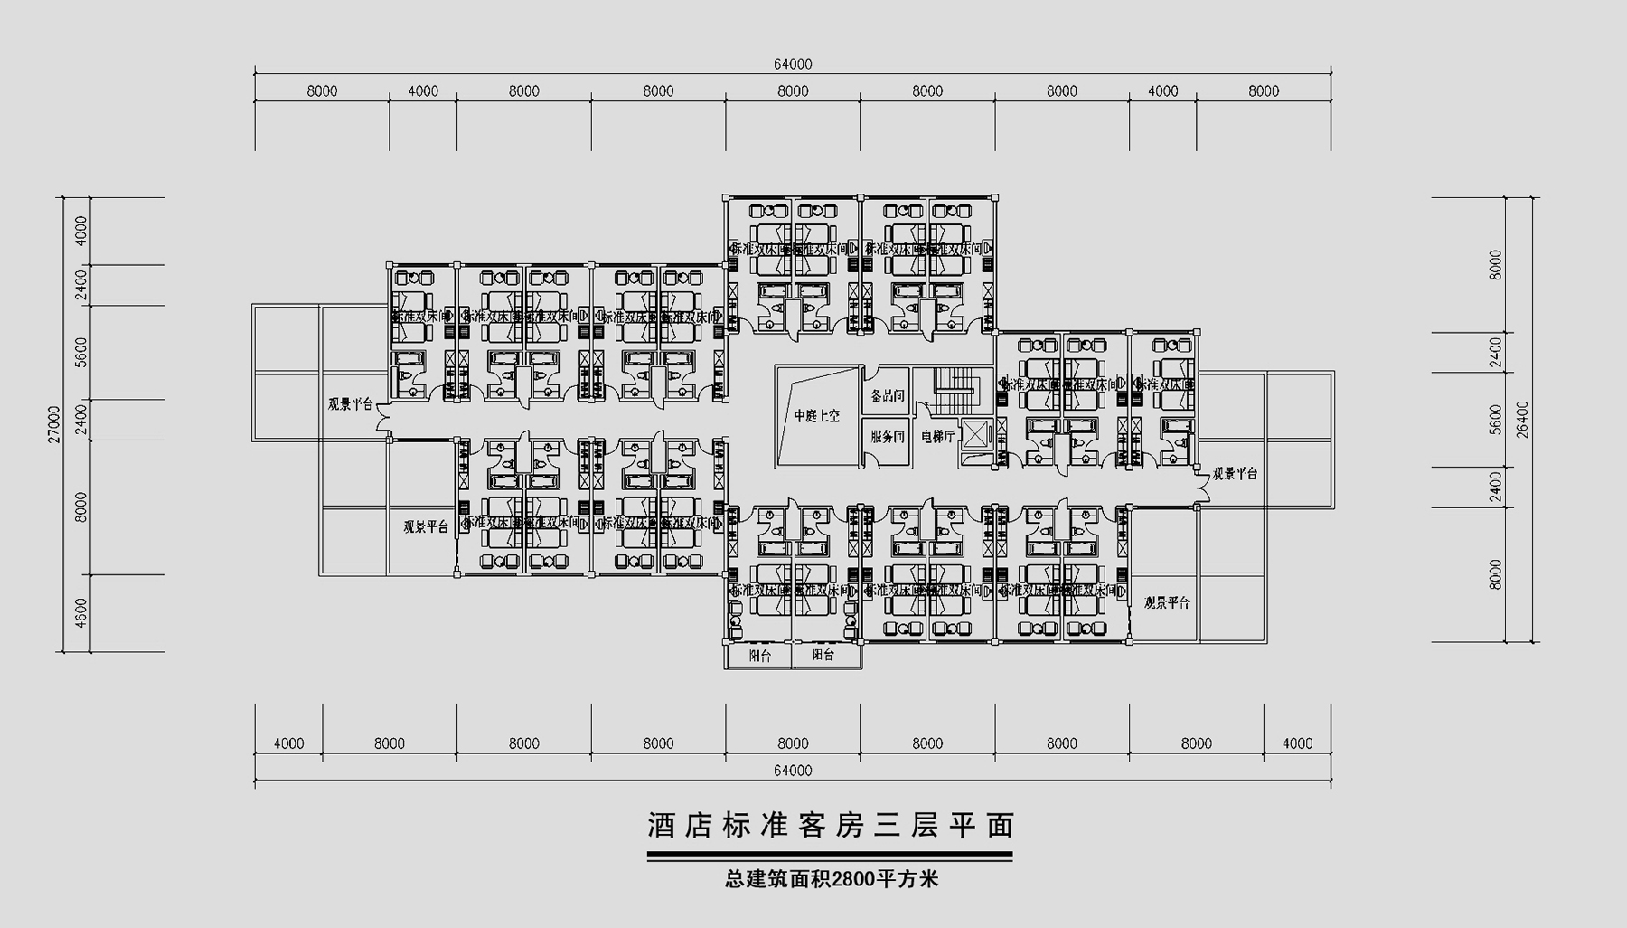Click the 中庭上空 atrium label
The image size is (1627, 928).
pyautogui.click(x=817, y=416)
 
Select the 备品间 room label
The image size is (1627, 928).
pyautogui.click(x=887, y=396)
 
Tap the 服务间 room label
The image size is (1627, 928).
pyautogui.click(x=887, y=436)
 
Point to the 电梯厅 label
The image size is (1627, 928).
pyautogui.click(x=937, y=436)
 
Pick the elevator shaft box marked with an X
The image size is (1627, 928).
pyautogui.click(x=976, y=433)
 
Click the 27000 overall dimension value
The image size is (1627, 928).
pyautogui.click(x=54, y=423)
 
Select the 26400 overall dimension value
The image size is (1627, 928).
pyautogui.click(x=1524, y=419)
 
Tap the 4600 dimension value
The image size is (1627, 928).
pyautogui.click(x=81, y=612)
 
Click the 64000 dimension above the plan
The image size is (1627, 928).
pyautogui.click(x=793, y=64)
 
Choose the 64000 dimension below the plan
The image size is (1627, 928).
pyautogui.click(x=793, y=771)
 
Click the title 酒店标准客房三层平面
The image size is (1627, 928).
pyautogui.click(x=831, y=825)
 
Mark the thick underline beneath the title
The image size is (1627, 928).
pyautogui.click(x=830, y=855)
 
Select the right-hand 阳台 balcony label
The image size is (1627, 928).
pyautogui.click(x=823, y=655)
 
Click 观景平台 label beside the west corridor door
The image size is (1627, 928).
pyautogui.click(x=350, y=404)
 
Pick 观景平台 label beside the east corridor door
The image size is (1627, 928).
pyautogui.click(x=1235, y=473)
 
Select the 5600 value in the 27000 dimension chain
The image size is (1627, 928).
pyautogui.click(x=81, y=352)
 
